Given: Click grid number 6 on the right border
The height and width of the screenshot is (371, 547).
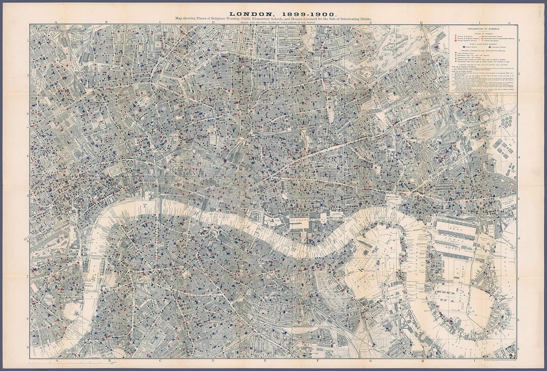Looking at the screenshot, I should click(x=519, y=238).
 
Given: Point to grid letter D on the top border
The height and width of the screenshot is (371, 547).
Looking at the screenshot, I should click(x=213, y=23).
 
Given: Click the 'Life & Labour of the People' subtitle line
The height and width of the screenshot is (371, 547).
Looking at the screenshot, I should click(x=273, y=23).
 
